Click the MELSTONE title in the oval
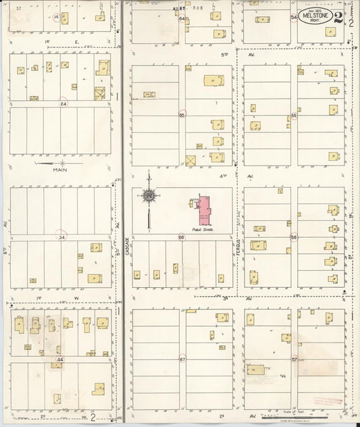(316, 18)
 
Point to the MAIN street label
(61, 171)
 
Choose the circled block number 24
(63, 104)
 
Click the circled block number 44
(60, 359)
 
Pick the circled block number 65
(182, 115)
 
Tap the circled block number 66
(181, 237)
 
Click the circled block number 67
(182, 359)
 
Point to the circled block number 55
(294, 116)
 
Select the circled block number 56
(294, 237)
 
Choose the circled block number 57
(294, 359)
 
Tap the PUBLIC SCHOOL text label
(203, 230)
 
